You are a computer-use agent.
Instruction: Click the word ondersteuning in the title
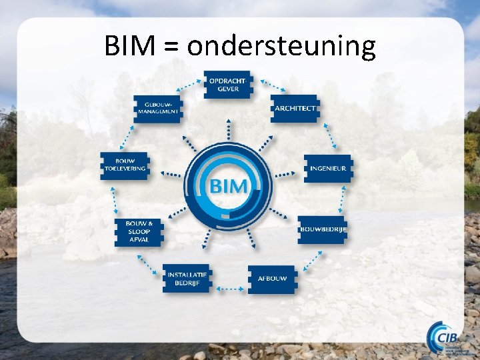(281, 47)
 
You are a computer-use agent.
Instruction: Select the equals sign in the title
(171, 47)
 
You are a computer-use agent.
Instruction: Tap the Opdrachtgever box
(228, 85)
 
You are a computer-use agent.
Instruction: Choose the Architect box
(295, 108)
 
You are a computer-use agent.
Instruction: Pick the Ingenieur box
(327, 168)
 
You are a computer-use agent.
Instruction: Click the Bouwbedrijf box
(323, 229)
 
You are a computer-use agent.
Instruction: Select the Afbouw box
(271, 279)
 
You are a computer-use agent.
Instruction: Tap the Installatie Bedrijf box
(187, 278)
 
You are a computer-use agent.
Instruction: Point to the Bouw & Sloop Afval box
(139, 231)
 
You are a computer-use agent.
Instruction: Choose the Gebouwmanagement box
(158, 108)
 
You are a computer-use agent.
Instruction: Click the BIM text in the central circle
(229, 185)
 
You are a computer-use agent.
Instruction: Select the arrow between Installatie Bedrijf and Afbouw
(229, 289)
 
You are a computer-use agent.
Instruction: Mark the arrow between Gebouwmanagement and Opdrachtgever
(189, 86)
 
